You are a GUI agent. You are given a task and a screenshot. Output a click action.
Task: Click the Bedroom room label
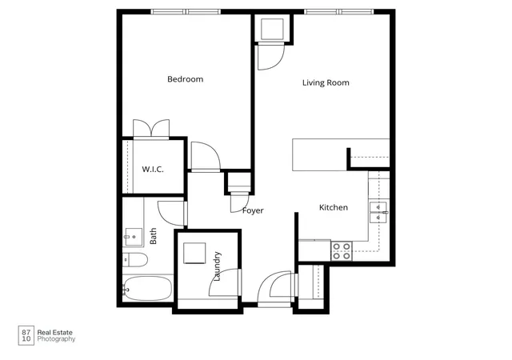coord(185,79)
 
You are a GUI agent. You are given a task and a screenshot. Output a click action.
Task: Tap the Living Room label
coord(326,82)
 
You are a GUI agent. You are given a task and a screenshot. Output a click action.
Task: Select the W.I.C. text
coord(153,170)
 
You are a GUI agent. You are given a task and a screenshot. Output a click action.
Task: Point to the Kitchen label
coord(334,207)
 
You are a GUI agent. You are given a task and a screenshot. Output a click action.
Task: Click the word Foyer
coord(253,210)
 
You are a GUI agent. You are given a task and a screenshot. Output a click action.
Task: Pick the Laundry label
coord(217,266)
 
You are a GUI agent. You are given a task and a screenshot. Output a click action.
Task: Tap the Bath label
coord(153,236)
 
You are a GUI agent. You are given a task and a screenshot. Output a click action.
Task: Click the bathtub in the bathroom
coord(147,289)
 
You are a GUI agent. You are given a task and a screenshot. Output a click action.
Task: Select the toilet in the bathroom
coord(135,260)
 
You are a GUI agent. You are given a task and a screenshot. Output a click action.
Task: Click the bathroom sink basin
coord(134,237)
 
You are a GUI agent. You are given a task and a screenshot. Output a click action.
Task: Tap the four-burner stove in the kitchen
coord(342,251)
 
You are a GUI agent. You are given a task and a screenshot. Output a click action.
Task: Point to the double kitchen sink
coord(378,212)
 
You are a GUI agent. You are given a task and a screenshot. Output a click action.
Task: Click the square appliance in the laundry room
coord(194,253)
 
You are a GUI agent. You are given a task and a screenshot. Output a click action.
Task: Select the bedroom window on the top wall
coord(186,12)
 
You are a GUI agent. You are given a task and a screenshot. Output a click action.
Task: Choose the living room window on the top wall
coord(339,12)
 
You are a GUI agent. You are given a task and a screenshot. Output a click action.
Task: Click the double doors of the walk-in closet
coord(151,129)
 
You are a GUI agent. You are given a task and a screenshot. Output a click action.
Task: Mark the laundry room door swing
coord(226,282)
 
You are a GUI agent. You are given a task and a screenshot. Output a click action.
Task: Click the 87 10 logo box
coord(26,335)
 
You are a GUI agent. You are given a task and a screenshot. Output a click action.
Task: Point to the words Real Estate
coord(55,333)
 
